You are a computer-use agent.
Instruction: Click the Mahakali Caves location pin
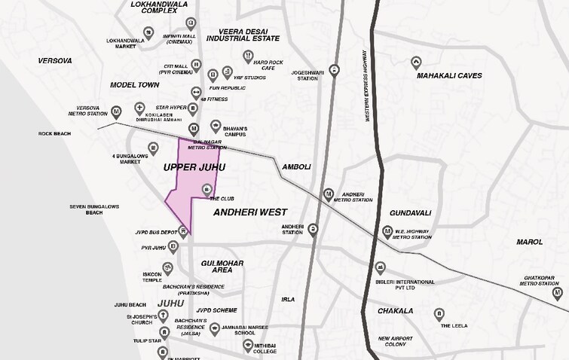[416, 62]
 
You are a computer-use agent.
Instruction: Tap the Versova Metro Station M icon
[116, 112]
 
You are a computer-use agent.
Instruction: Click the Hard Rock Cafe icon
[248, 56]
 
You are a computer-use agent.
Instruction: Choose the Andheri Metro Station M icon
[328, 194]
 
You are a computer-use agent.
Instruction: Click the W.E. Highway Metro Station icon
[380, 232]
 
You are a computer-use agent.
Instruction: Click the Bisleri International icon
[381, 267]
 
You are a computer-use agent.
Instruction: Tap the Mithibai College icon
[246, 344]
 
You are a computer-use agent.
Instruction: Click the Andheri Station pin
[313, 229]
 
